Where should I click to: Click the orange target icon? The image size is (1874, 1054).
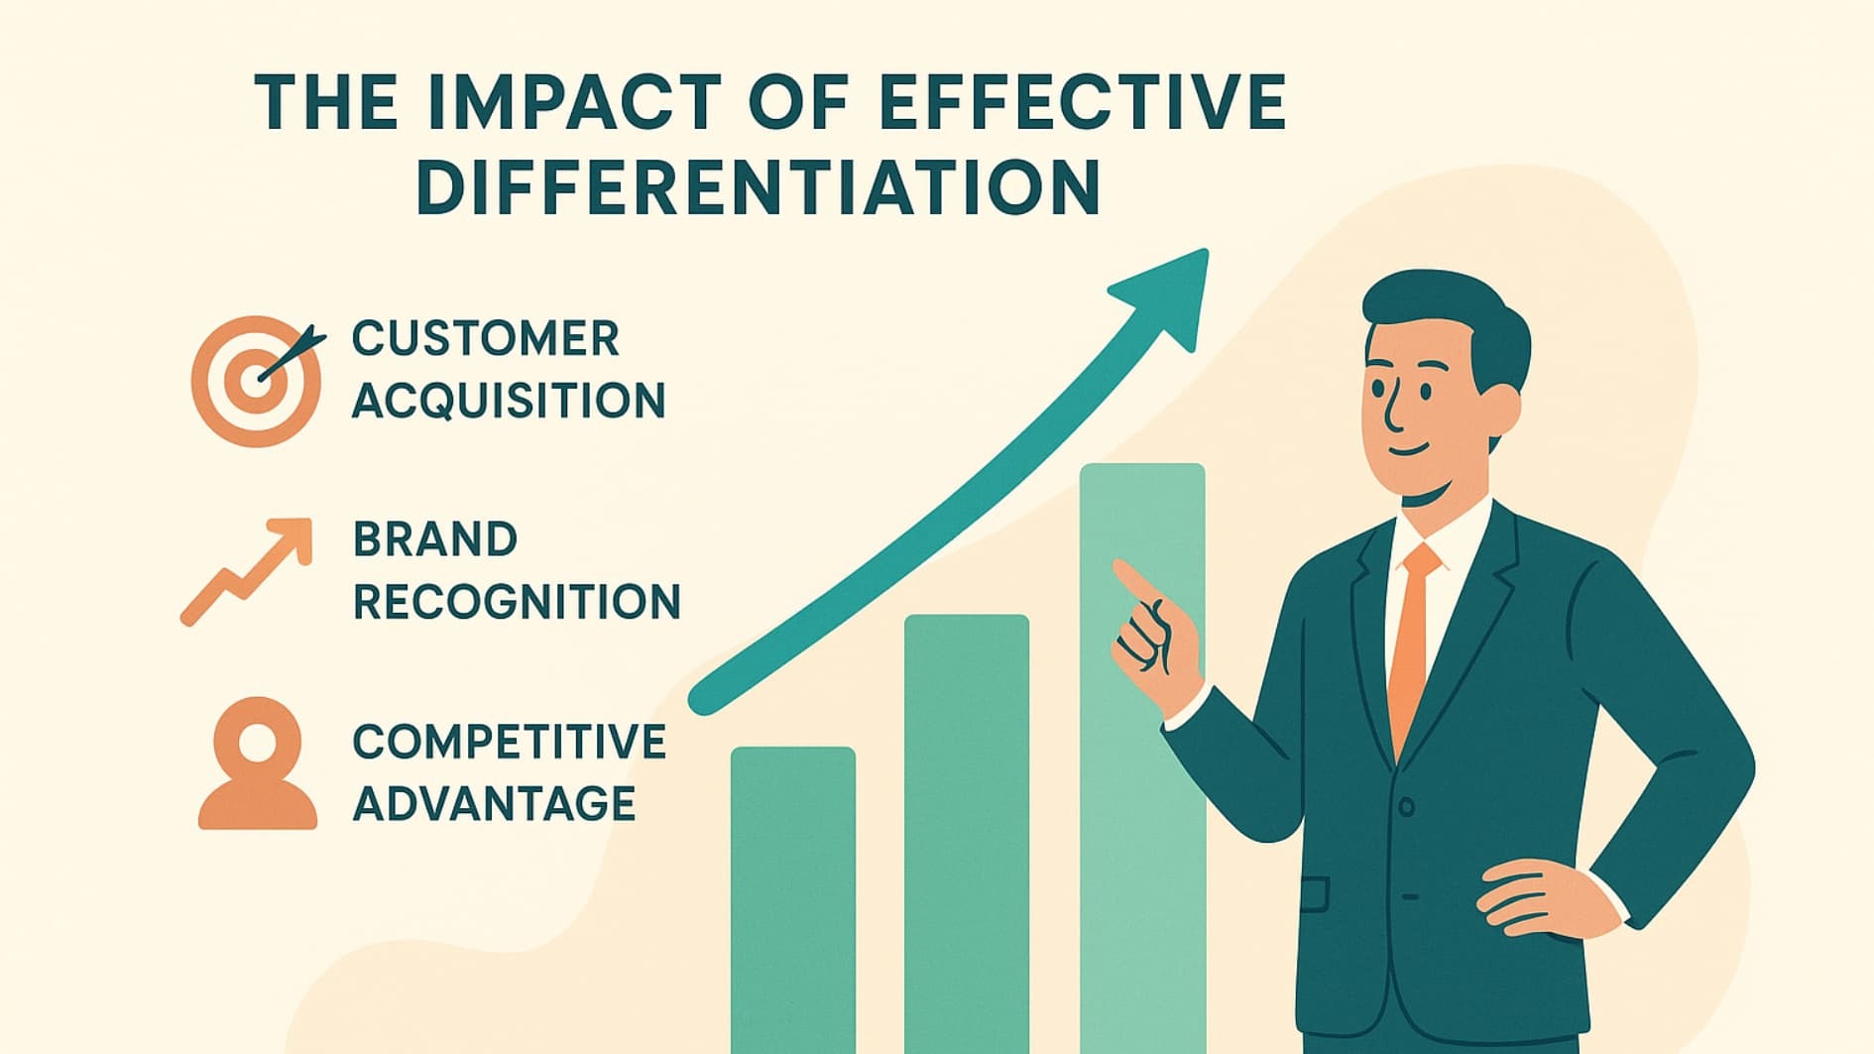pyautogui.click(x=256, y=381)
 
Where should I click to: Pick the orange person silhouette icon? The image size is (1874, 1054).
pyautogui.click(x=258, y=764)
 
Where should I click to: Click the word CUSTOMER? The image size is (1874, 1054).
pyautogui.click(x=486, y=339)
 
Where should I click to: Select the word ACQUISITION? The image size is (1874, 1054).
pyautogui.click(x=509, y=402)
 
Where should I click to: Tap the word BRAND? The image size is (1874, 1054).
pyautogui.click(x=435, y=540)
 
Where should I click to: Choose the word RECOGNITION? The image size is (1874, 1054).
pyautogui.click(x=517, y=603)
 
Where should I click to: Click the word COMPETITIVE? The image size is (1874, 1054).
pyautogui.click(x=510, y=743)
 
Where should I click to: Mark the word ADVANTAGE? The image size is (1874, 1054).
pyautogui.click(x=494, y=804)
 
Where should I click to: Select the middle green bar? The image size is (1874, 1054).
pyautogui.click(x=967, y=833)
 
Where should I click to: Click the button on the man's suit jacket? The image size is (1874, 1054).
pyautogui.click(x=1406, y=807)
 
